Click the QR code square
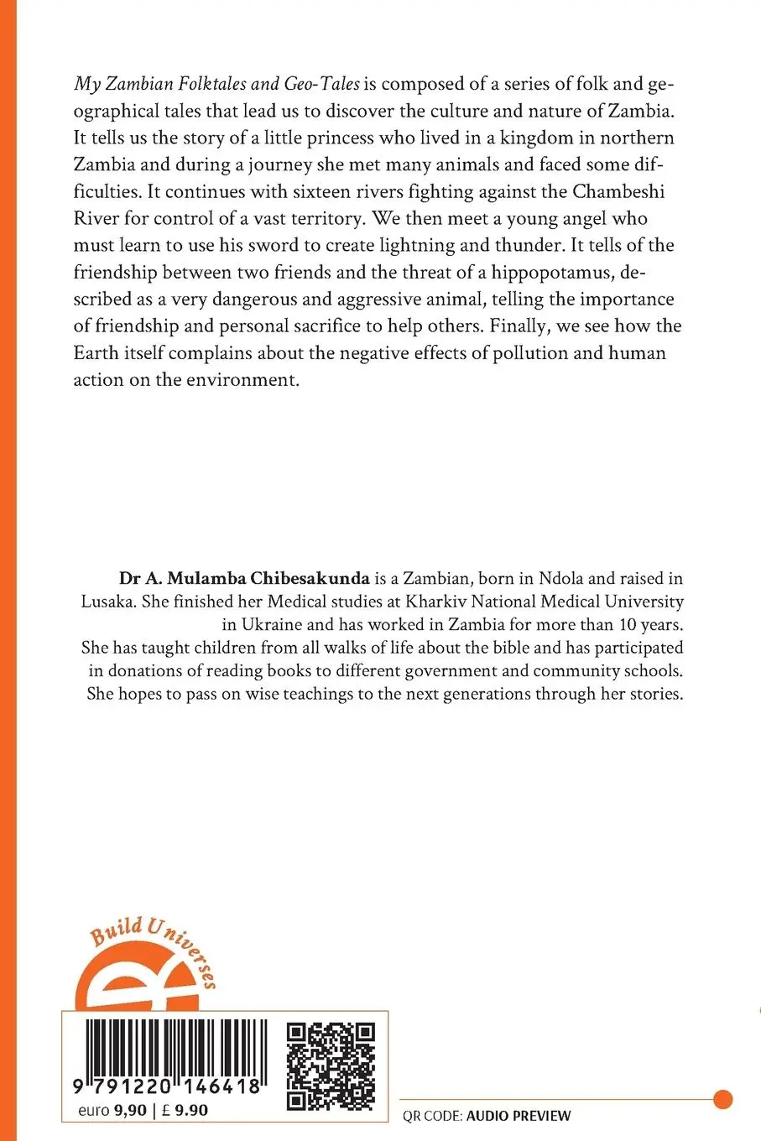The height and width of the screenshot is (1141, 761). point(331,1065)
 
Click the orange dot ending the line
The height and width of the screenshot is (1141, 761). point(722,1098)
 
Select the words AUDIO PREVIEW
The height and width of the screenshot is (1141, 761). point(519,1116)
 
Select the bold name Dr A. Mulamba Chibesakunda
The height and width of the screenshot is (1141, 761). point(232,578)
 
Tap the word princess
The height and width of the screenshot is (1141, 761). point(354,138)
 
